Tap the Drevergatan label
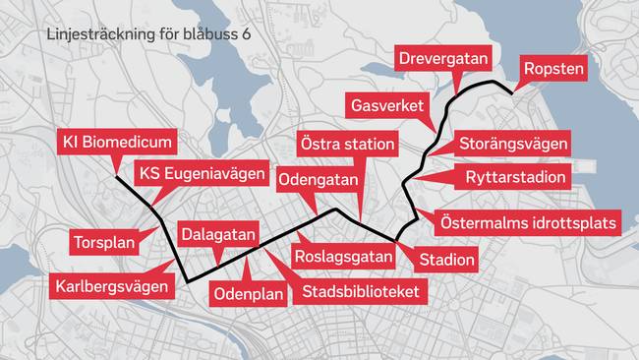coord(443,59)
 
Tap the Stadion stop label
coord(447,261)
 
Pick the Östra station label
coord(347,145)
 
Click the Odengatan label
coord(319,180)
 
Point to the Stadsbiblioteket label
coord(361,292)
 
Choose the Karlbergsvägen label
coord(114,286)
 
